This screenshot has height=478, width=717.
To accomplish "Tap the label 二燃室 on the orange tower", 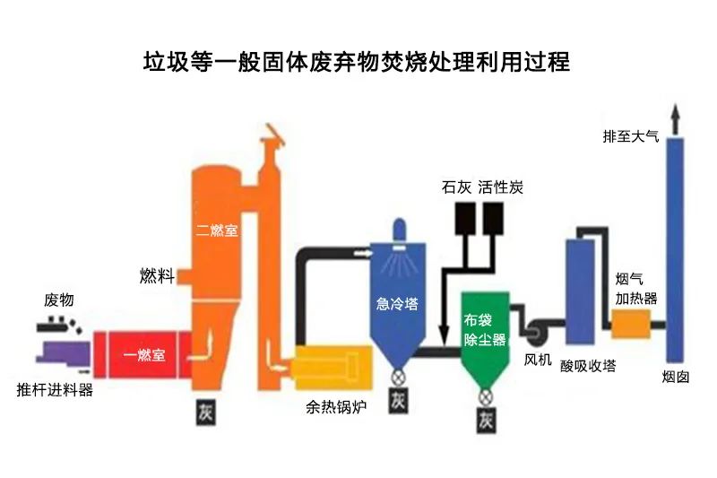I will coord(217,230).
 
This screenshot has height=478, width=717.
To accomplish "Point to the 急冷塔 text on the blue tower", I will coord(396,303).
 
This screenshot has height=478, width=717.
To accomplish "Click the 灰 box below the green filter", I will coord(486,419).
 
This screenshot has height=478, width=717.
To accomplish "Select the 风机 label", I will coord(538,360).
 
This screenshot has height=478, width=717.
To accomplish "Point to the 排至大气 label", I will coord(630,137).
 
